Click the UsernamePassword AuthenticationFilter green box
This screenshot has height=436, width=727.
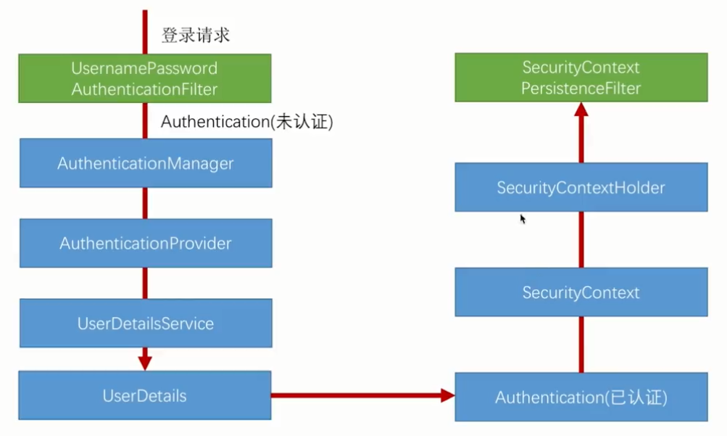pyautogui.click(x=145, y=78)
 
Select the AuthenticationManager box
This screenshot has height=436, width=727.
pyautogui.click(x=145, y=163)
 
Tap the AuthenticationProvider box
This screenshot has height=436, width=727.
pyautogui.click(x=145, y=243)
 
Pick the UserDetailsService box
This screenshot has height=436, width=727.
pyautogui.click(x=145, y=323)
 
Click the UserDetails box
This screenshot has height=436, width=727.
pyautogui.click(x=144, y=395)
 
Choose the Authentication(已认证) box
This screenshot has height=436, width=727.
pyautogui.click(x=581, y=397)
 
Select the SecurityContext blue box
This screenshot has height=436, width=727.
pyautogui.click(x=581, y=292)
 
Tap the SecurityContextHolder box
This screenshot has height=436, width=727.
pyautogui.click(x=581, y=188)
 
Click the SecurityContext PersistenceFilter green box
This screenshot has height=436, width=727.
pyautogui.click(x=581, y=78)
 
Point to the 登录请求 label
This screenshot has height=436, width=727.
pyautogui.click(x=195, y=34)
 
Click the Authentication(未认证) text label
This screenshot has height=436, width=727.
pyautogui.click(x=246, y=122)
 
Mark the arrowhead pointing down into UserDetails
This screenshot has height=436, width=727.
pyautogui.click(x=144, y=361)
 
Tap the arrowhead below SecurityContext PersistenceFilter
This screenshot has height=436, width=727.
pyautogui.click(x=581, y=110)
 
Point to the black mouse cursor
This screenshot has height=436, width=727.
pyautogui.click(x=523, y=218)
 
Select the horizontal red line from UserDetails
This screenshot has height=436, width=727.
pyautogui.click(x=355, y=395)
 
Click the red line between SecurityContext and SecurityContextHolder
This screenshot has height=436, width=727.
pyautogui.click(x=581, y=239)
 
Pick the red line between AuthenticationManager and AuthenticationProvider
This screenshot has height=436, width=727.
pyautogui.click(x=144, y=203)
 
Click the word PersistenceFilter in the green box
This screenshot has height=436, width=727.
pyautogui.click(x=581, y=89)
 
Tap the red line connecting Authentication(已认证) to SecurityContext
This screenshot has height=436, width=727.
pyautogui.click(x=581, y=345)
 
